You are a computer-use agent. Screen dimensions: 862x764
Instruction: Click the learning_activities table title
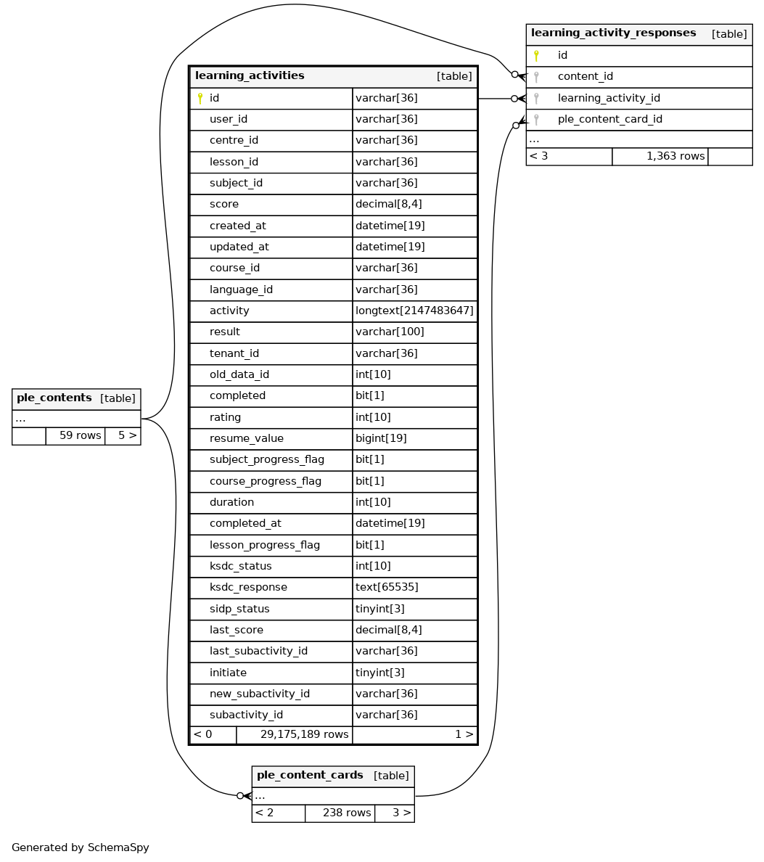(x=250, y=76)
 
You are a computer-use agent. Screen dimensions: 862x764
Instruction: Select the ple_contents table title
(x=54, y=398)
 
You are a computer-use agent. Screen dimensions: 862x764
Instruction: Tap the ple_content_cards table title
(x=310, y=776)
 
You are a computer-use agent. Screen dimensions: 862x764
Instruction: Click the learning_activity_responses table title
(x=613, y=33)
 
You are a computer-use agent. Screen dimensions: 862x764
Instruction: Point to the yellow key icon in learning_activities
(x=200, y=99)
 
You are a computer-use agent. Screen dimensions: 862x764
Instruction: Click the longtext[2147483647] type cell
(x=414, y=311)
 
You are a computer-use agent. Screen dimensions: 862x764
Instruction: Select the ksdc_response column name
(x=248, y=587)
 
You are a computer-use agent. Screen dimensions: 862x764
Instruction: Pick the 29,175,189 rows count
(x=304, y=734)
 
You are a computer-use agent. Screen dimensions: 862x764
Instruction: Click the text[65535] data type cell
(x=387, y=587)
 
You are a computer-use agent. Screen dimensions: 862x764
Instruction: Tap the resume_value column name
(x=247, y=438)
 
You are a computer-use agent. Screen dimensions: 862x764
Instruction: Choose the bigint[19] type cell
(x=381, y=438)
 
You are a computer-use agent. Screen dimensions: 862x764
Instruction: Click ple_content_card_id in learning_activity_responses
(x=609, y=119)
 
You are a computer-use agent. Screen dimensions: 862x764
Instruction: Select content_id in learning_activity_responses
(x=585, y=76)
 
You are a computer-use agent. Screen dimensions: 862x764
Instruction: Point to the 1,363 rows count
(x=675, y=156)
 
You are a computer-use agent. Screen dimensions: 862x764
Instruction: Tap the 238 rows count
(x=347, y=813)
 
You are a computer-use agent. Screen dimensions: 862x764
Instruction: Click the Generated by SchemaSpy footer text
(x=81, y=847)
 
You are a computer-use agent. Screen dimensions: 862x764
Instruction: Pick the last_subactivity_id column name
(x=258, y=651)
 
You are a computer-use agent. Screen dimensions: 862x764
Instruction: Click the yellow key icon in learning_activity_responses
(x=536, y=55)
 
